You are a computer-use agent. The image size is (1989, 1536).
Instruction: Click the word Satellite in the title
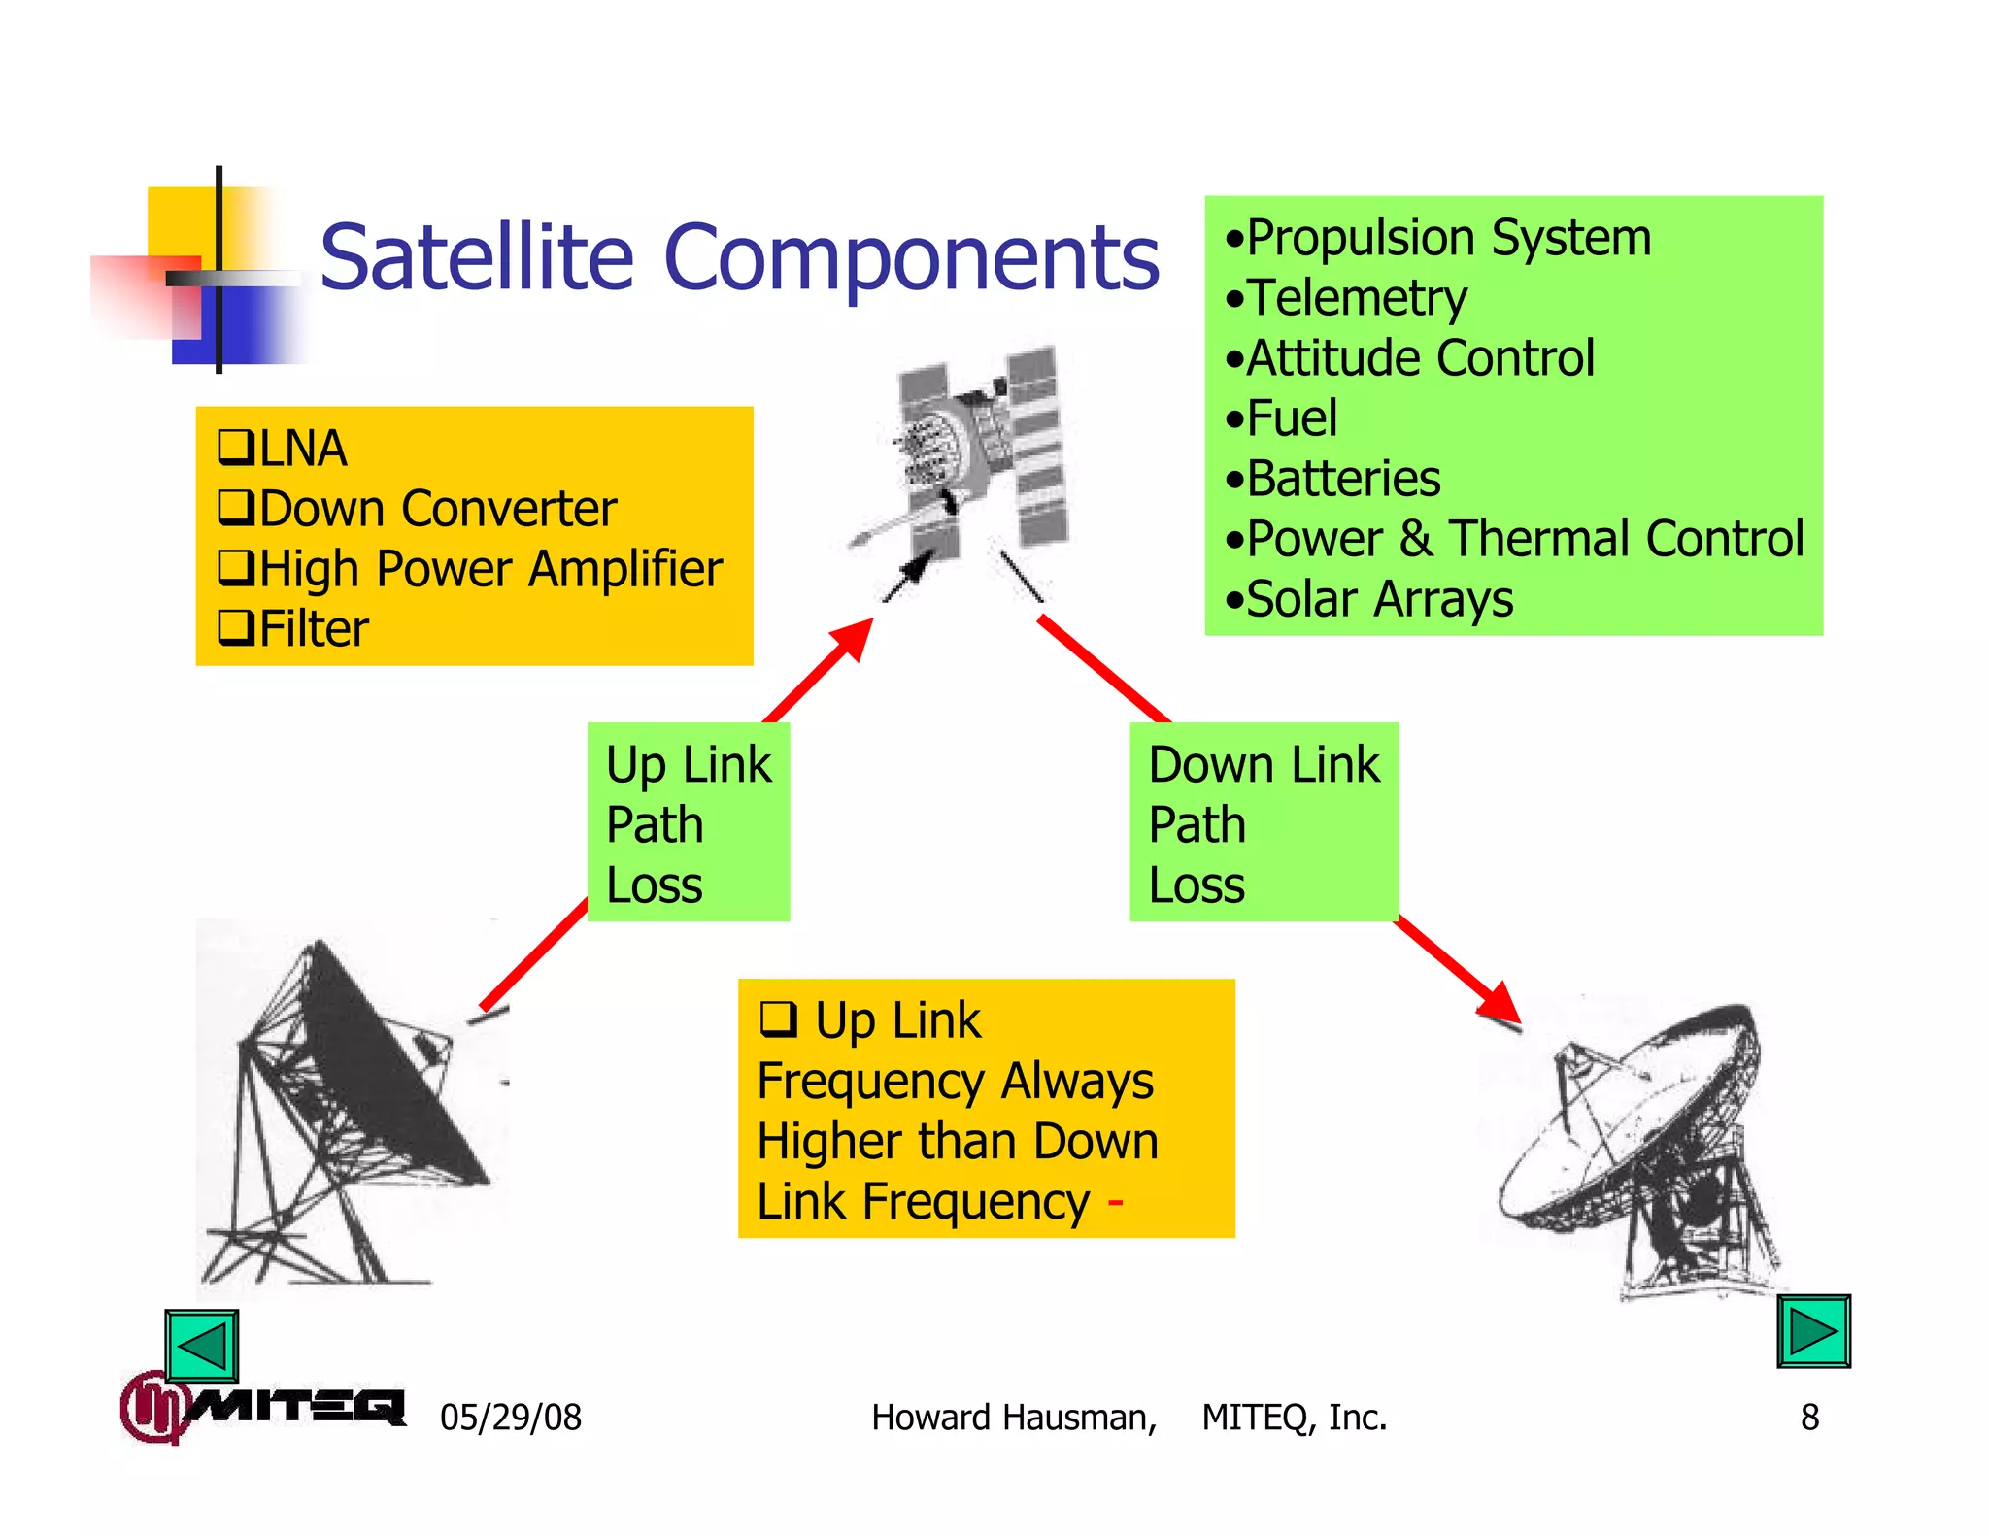click(476, 257)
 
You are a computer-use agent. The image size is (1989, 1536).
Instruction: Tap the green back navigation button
click(201, 1345)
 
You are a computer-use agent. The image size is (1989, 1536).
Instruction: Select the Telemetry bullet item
click(1355, 298)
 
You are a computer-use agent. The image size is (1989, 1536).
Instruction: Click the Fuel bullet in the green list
click(1291, 418)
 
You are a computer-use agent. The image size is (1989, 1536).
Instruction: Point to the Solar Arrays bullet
click(1378, 599)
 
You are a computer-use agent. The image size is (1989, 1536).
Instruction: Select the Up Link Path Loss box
click(688, 822)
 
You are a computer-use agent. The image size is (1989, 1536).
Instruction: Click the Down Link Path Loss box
click(1263, 822)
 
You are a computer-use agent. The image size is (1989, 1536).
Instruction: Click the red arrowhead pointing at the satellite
click(853, 640)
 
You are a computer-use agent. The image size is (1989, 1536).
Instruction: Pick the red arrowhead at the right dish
click(1500, 1002)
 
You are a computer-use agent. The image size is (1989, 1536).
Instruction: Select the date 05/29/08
click(510, 1418)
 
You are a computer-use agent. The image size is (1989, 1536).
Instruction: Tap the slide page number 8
click(1809, 1418)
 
